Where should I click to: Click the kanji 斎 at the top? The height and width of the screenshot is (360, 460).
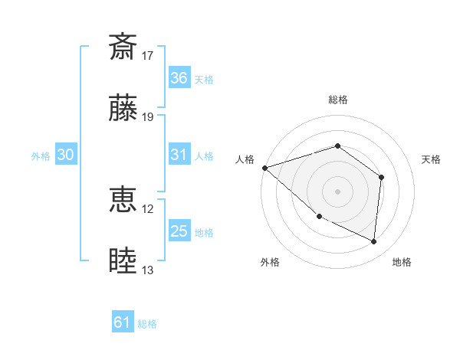(123, 47)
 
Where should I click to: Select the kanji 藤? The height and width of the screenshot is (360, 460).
(123, 109)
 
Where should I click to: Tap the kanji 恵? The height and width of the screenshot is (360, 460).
(123, 200)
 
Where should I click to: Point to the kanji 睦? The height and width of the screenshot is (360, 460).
(123, 261)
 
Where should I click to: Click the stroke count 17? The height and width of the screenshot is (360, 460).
(148, 55)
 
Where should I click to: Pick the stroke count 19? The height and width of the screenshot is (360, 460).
(148, 117)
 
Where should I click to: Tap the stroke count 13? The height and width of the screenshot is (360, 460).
(148, 270)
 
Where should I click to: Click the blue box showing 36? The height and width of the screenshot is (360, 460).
(179, 78)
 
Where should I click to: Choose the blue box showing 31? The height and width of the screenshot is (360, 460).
(179, 155)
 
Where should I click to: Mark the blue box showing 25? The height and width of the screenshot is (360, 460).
(179, 231)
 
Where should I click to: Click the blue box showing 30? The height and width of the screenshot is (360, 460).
(65, 155)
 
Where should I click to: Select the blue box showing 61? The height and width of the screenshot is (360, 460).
(123, 323)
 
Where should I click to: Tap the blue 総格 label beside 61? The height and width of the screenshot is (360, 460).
(147, 324)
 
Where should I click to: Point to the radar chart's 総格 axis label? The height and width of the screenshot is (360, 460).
(338, 100)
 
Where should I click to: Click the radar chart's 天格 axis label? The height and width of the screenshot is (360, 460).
(432, 159)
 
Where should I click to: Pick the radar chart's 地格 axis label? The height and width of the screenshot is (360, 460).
(402, 262)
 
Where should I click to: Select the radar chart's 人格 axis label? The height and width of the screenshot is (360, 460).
(245, 159)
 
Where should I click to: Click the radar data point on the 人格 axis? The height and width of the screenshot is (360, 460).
(264, 168)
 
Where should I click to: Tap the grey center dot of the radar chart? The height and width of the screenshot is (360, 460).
(338, 191)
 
